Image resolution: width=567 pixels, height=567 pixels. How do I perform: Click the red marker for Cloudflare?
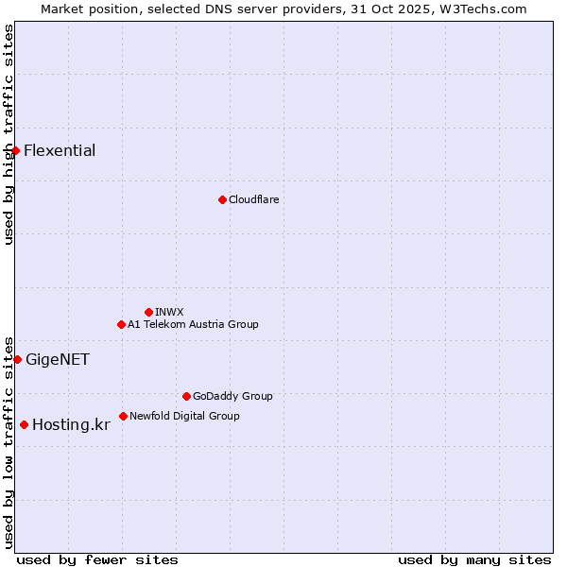pos(222,199)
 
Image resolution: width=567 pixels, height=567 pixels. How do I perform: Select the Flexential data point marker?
pos(15,150)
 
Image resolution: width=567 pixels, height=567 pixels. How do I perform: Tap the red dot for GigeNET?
pos(17,359)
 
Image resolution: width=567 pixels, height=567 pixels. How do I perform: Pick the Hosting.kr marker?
pos(24,424)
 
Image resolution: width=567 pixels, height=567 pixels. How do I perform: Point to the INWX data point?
pos(148,312)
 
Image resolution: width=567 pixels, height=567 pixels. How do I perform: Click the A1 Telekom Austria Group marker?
pos(121,324)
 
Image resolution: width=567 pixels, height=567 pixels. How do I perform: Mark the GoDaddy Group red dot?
pos(186,396)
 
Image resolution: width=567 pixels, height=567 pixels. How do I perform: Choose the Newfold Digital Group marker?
pos(123,416)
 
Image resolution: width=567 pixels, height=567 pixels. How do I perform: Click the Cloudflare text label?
pos(254,199)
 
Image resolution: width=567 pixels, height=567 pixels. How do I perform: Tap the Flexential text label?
pos(60,150)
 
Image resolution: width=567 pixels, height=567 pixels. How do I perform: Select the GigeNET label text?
pos(58,359)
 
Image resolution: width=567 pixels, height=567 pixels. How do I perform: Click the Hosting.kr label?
pos(71,424)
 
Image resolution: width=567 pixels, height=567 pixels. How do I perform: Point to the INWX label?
pos(169,312)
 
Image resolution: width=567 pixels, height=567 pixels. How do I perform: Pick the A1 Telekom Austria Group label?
pos(193,324)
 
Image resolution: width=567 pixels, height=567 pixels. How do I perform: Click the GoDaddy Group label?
pos(232,396)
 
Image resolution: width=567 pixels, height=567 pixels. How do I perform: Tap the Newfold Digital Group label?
pos(184,416)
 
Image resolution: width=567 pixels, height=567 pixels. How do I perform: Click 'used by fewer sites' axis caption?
pos(97,559)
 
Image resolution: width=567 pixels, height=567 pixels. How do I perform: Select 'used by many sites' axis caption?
pos(474,559)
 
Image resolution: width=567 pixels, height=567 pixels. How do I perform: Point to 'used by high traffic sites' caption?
pos(9,134)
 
